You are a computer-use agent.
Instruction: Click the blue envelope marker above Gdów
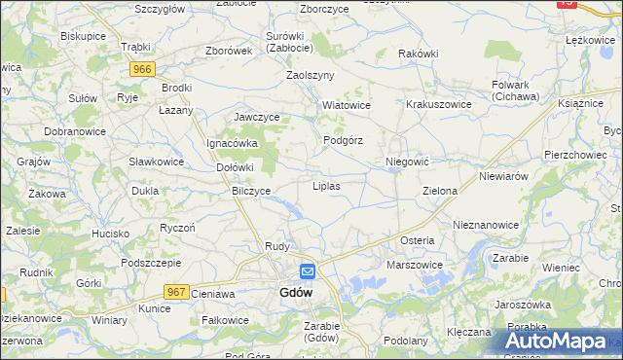(x=307, y=272)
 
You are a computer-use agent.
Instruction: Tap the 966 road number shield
(x=143, y=69)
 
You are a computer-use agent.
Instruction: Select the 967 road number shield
(x=176, y=291)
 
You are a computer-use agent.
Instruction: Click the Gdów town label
(x=296, y=292)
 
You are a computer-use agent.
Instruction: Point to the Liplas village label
(x=325, y=185)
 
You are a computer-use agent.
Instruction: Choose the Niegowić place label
(x=408, y=161)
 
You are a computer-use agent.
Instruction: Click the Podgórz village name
(x=343, y=140)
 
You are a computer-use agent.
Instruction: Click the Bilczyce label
(x=251, y=191)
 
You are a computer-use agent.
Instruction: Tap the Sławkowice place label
(x=156, y=162)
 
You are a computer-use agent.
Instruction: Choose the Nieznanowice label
(x=486, y=224)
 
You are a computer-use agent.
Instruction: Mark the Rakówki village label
(x=419, y=54)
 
